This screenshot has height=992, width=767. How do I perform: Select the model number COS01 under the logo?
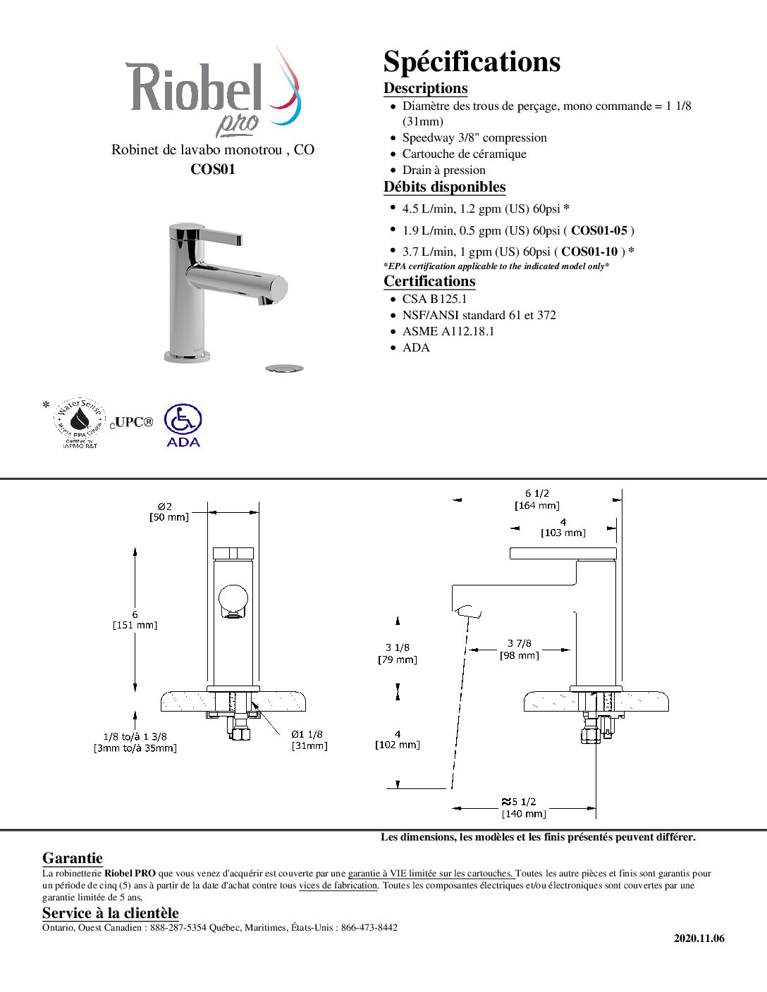[213, 169]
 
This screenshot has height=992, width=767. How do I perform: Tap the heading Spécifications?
[472, 62]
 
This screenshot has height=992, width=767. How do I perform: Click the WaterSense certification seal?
[80, 422]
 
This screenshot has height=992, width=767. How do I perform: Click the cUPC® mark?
[132, 422]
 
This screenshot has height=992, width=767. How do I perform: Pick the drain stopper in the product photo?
[285, 368]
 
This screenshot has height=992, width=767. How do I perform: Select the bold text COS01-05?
[599, 230]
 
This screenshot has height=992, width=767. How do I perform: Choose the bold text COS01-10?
[589, 252]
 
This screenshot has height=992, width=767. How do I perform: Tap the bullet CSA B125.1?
[434, 299]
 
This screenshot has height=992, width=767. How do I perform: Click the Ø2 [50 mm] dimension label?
[168, 512]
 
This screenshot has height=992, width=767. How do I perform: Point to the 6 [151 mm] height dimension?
[135, 619]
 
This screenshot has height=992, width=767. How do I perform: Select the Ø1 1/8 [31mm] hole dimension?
[309, 740]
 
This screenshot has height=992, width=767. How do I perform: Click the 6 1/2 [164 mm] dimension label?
[537, 499]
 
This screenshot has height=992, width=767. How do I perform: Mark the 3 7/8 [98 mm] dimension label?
[519, 649]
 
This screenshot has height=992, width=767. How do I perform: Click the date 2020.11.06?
[699, 938]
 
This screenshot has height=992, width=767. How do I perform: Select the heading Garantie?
[73, 858]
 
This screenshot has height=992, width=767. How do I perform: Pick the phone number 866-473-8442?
[369, 927]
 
